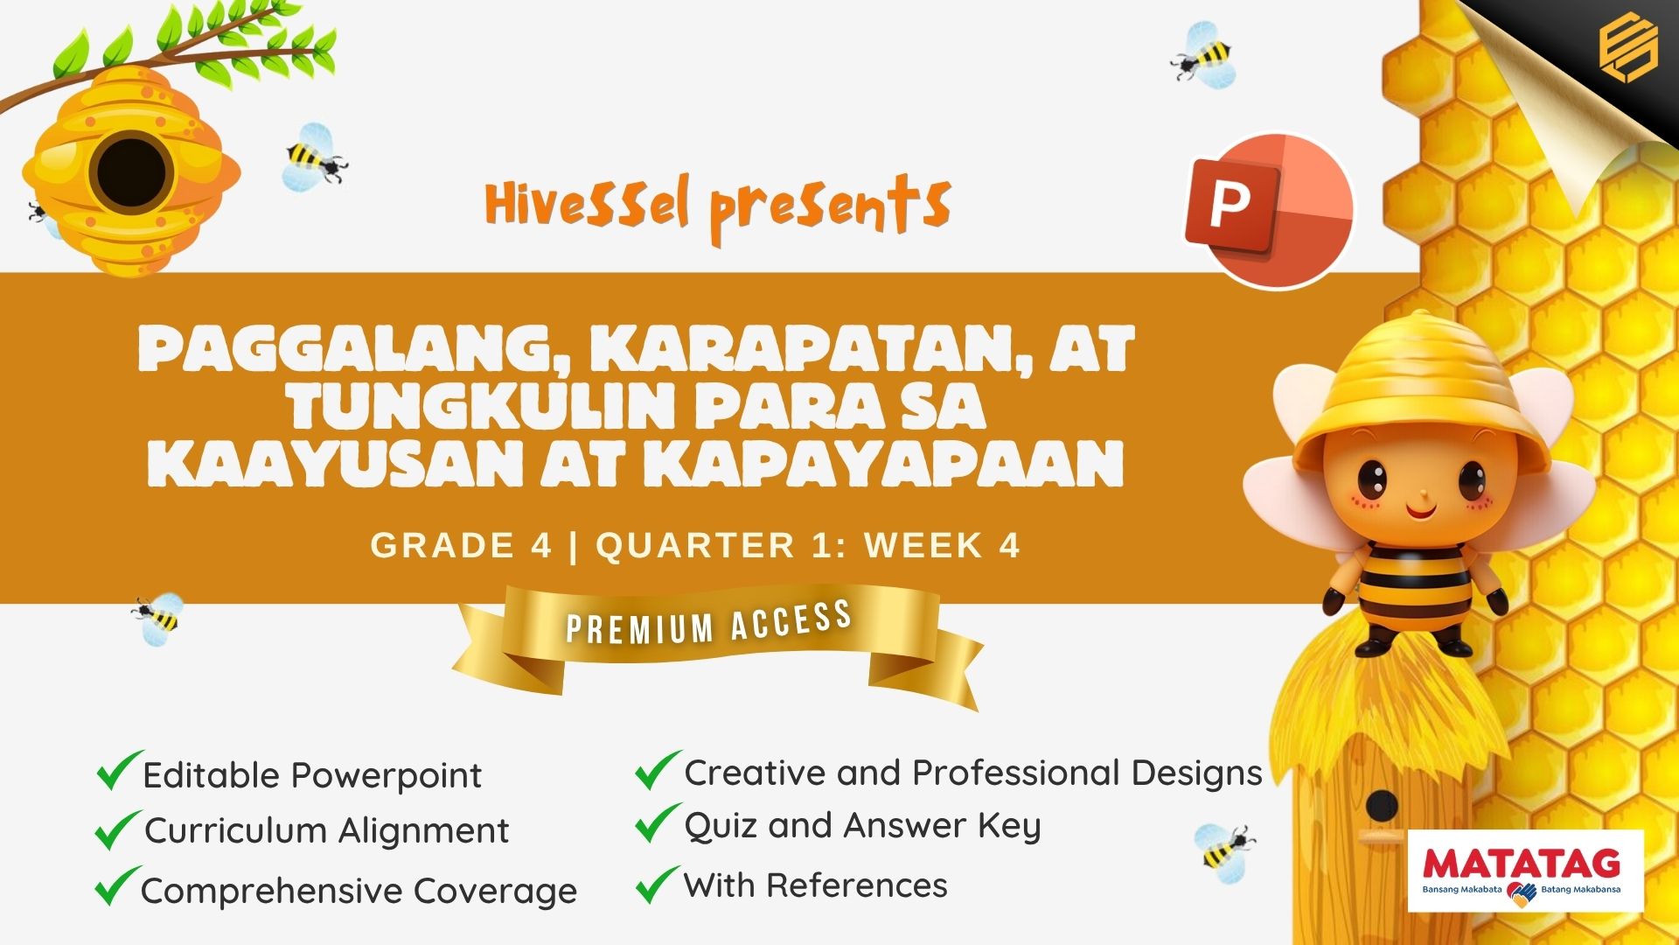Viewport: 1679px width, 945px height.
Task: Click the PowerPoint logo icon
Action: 1269,210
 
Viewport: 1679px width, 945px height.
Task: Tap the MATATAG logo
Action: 1526,871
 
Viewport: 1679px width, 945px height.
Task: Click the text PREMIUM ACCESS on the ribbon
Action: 709,623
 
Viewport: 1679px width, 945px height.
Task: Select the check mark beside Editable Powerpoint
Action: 119,770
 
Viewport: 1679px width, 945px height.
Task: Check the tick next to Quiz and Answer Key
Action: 658,823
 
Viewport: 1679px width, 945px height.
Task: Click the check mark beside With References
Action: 658,884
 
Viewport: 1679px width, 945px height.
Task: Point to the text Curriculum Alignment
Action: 326,830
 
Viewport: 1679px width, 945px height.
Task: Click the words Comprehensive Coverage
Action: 359,891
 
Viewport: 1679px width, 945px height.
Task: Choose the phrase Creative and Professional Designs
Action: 973,773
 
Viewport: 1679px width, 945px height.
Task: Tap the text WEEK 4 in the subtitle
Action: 943,545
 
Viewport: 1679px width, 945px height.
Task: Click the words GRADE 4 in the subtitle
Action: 461,545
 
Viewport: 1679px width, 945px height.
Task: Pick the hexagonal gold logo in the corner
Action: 1628,49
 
